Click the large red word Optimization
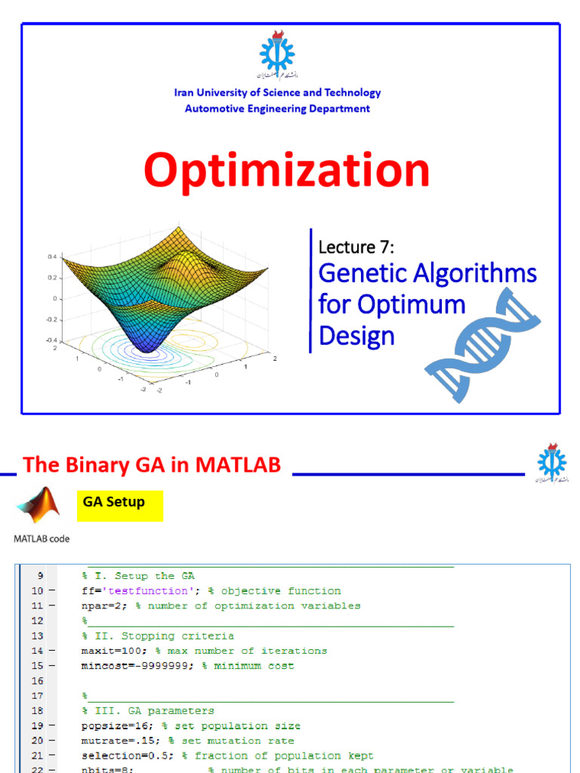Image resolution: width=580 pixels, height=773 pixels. point(286,171)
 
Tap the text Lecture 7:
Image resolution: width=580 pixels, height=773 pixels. point(356,246)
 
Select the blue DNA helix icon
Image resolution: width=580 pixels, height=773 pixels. point(483,343)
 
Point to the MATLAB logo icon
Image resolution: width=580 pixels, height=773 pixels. point(38,507)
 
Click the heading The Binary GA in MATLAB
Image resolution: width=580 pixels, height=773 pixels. point(152,465)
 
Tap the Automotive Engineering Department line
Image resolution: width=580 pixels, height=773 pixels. point(277,109)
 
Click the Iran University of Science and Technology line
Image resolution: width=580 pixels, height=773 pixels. point(277,93)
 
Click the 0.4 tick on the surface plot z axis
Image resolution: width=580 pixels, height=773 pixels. point(52,257)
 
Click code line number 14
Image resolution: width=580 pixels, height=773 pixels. point(37,651)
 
